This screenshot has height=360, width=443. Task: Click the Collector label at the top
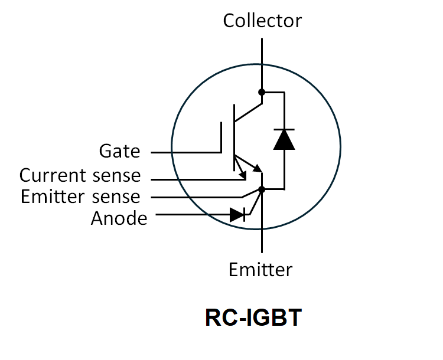[262, 21]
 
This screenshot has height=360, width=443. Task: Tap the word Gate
[120, 152]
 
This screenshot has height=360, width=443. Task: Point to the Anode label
[119, 218]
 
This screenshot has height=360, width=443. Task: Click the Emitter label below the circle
[260, 270]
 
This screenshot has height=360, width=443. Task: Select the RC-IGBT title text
[253, 318]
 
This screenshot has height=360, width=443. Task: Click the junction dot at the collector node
[262, 92]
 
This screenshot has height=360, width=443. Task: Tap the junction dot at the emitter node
[262, 189]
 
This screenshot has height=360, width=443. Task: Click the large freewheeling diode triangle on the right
[284, 139]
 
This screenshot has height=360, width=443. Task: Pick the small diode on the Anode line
[237, 215]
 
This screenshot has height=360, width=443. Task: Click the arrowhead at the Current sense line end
[243, 175]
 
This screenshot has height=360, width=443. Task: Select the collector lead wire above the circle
[262, 53]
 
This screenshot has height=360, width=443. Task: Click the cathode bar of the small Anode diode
[246, 215]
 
